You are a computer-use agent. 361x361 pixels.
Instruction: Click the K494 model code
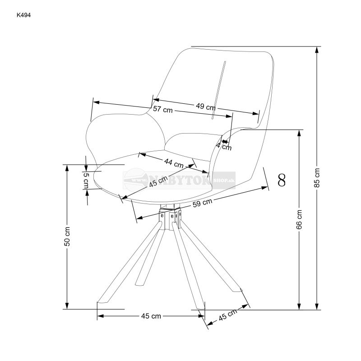pos(23,14)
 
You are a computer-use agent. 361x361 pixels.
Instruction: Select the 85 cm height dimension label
pos(317,177)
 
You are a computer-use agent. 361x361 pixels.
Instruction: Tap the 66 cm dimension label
pos(299,220)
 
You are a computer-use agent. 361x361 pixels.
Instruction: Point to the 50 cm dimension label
pos(67,236)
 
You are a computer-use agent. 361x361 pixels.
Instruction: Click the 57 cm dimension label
pos(162,109)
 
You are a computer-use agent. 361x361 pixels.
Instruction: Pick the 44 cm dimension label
pos(174,163)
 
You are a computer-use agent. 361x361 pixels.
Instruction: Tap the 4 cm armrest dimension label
pos(224,145)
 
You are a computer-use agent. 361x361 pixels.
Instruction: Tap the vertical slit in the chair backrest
pos(219,90)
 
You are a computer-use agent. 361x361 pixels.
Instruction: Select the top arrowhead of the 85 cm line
pos(317,50)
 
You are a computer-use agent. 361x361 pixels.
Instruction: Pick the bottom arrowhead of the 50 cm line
pos(67,305)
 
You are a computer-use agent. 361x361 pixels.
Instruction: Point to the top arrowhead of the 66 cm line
pos(299,134)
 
